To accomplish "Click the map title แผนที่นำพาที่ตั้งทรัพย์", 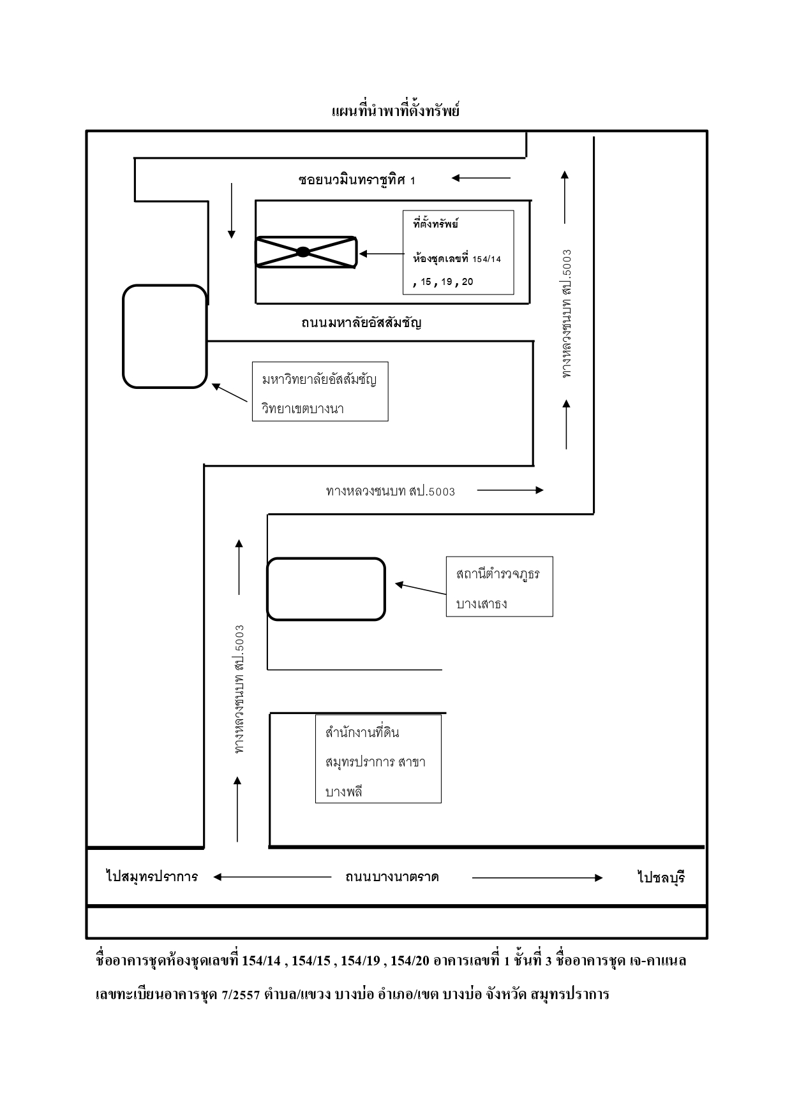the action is pos(396,111).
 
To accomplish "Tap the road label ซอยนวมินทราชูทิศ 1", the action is pos(357,180).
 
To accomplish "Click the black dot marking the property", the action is pos(303,252).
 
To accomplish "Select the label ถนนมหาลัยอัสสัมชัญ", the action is pos(362,323).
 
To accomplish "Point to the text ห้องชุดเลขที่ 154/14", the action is pos(457,259).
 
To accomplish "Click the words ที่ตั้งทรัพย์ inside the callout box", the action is pos(436,224).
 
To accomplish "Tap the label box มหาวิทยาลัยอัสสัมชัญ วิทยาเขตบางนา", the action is pos(320,392).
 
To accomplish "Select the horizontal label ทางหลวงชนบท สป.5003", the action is pos(391,491).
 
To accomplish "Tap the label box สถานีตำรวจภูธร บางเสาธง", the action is pos(499,587).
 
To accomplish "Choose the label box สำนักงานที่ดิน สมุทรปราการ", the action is pos(378,759).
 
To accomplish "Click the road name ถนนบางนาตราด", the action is pos(392,877).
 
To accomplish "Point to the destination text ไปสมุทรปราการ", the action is pos(152,877).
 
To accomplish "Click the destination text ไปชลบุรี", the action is pos(661,878).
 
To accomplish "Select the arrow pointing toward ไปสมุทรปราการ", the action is pos(273,877).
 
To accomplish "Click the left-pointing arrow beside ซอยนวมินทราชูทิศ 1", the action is pos(481,178).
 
